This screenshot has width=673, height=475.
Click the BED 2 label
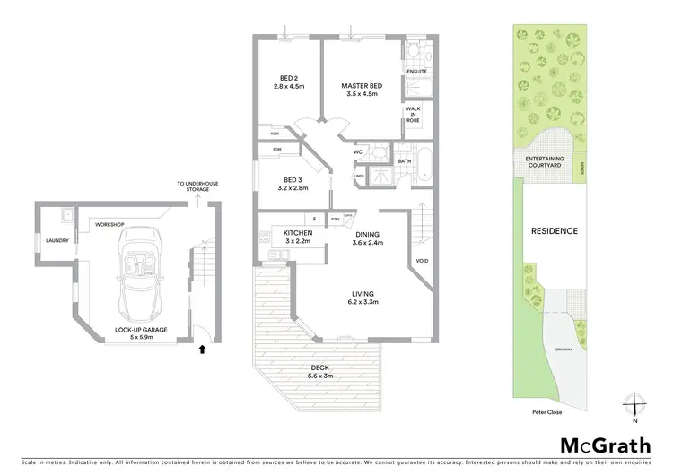(x=289, y=82)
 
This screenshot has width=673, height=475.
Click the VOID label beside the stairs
(x=422, y=261)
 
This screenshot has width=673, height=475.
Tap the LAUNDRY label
(x=47, y=239)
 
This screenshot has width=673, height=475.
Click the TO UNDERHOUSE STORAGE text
(x=198, y=186)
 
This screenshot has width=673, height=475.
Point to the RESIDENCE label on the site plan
(x=555, y=230)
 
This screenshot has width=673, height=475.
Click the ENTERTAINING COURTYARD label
(x=544, y=162)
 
